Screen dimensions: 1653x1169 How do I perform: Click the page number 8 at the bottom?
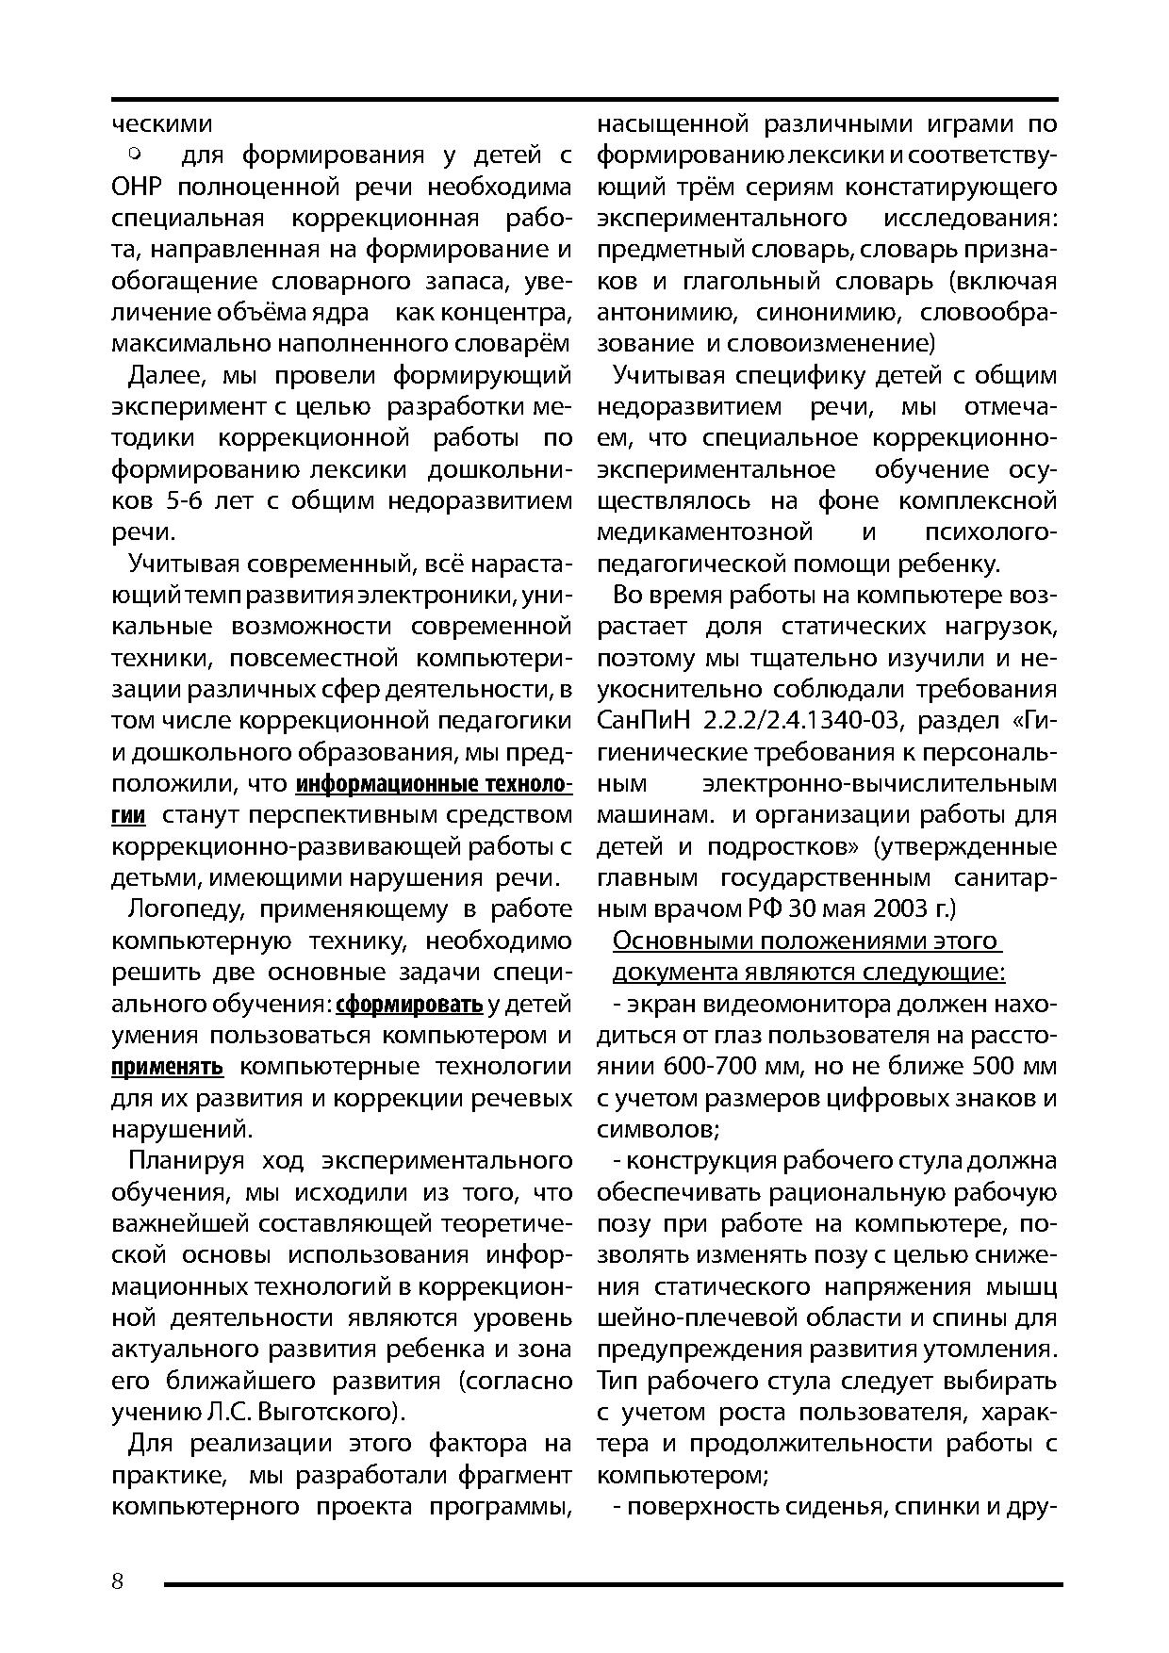coord(118,1580)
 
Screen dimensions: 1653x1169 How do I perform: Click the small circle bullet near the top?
coord(134,151)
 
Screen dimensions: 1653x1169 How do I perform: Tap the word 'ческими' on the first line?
coord(161,124)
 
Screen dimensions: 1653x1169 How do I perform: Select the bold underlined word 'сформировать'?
coord(409,1005)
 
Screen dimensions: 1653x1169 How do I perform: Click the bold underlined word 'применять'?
coord(167,1067)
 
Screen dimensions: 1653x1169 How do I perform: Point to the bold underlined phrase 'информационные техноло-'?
coord(434,784)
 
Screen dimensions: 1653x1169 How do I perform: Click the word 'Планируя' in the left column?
coord(186,1161)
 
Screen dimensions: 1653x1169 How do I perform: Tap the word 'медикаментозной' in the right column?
coord(705,532)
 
